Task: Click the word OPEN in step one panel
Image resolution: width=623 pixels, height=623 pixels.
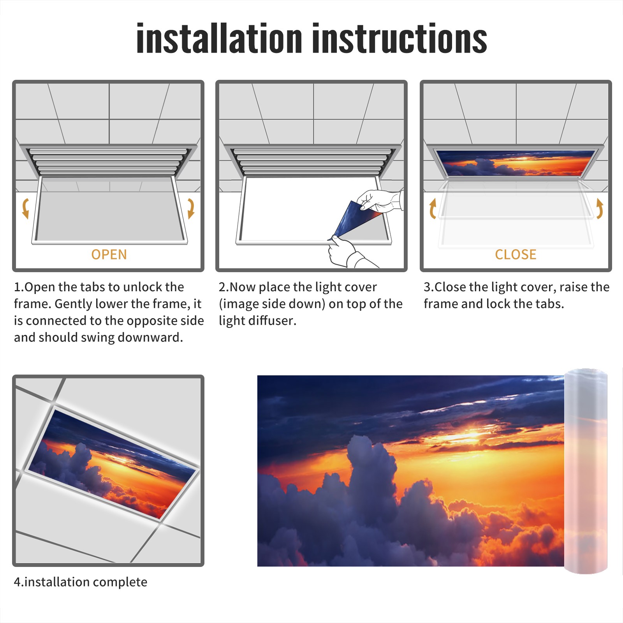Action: click(x=109, y=255)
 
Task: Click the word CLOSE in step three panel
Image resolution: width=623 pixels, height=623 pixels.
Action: click(x=516, y=255)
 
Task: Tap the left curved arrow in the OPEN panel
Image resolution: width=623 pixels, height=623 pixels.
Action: click(x=26, y=208)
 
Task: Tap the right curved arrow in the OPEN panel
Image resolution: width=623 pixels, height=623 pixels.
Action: click(x=191, y=208)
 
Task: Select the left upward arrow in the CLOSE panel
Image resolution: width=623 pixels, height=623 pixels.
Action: click(x=433, y=209)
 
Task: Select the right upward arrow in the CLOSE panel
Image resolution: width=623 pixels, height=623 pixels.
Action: click(x=600, y=209)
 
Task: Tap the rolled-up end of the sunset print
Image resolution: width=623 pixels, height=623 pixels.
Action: click(x=586, y=471)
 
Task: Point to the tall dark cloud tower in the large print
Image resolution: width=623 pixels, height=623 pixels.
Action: click(x=370, y=479)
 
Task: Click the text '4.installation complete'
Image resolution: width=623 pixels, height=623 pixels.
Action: click(x=81, y=582)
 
